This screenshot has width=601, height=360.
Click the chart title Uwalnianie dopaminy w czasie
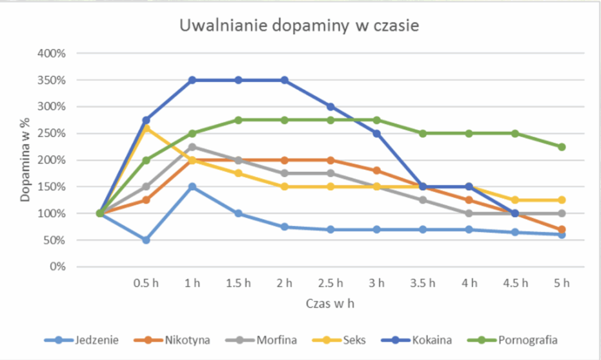coord(299,26)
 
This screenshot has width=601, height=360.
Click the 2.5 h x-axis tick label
coord(330,283)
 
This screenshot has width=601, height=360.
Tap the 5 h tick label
coord(562,283)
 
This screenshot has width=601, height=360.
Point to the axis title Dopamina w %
coord(25,159)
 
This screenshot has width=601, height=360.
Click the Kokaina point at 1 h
coord(192,80)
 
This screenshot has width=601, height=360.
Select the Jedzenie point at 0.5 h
coord(146,240)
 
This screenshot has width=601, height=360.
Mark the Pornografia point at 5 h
coord(562,147)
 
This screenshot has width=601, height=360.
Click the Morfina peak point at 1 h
coord(192,147)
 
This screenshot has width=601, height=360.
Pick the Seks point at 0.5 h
coord(146,128)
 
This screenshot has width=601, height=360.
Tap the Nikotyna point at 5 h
coord(562,229)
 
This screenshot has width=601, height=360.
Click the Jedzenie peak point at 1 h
coord(192,187)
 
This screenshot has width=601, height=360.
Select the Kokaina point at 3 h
coord(377,133)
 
